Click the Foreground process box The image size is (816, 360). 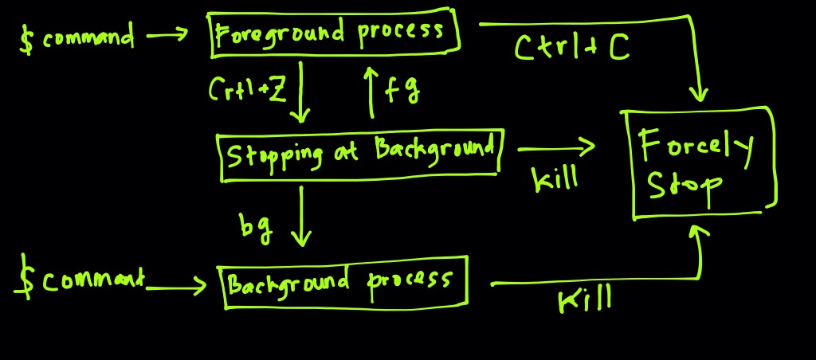pos(335,34)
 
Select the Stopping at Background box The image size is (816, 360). pos(360,155)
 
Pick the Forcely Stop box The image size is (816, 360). pos(700,163)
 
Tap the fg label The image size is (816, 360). pos(403,90)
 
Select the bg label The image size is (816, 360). pos(256,228)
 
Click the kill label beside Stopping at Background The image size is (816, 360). pos(555,178)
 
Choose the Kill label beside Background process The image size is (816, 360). pos(585,299)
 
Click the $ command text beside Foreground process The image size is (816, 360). pos(77,37)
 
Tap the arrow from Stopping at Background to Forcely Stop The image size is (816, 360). pos(556,147)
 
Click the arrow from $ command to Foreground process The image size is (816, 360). pos(167,34)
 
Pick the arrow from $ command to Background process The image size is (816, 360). pos(177,284)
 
